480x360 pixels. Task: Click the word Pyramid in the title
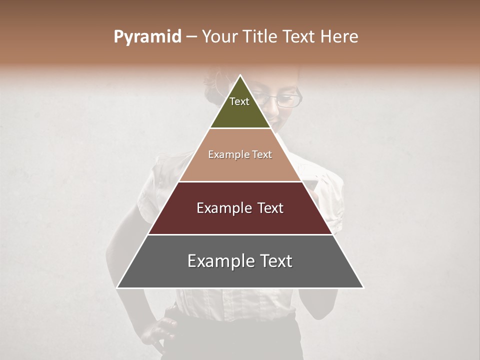click(147, 37)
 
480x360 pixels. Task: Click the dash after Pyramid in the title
click(191, 37)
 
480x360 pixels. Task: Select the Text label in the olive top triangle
click(239, 101)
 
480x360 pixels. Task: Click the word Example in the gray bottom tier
click(218, 261)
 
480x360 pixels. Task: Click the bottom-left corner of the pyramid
click(117, 287)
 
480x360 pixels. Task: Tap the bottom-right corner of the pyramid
click(363, 287)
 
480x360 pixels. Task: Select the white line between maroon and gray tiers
click(240, 234)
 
